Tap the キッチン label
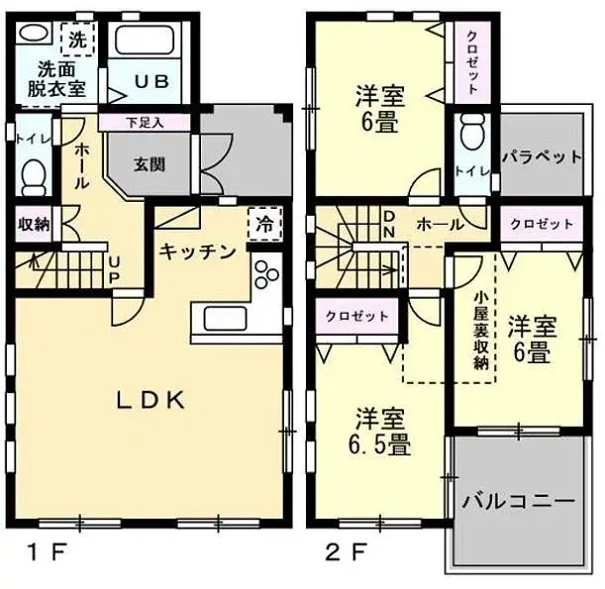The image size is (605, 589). (198, 251)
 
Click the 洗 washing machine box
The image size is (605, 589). (75, 42)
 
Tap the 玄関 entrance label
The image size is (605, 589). (150, 163)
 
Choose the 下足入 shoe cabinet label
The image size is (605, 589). (145, 123)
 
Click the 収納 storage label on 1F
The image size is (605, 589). (33, 224)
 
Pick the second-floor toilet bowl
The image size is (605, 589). (472, 133)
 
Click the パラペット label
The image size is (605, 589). (540, 156)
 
